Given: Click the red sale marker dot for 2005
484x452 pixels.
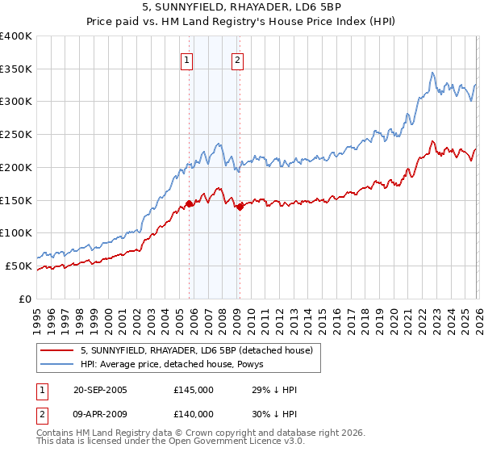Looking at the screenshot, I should pos(190,203).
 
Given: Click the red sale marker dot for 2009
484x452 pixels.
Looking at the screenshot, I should pos(240,207).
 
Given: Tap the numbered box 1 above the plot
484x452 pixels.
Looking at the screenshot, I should pos(187,59).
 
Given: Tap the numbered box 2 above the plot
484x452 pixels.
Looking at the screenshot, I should pos(238,59).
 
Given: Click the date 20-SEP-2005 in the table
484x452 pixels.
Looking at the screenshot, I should pos(100,390).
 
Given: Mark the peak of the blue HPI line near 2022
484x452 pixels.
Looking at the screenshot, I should pos(432,73).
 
